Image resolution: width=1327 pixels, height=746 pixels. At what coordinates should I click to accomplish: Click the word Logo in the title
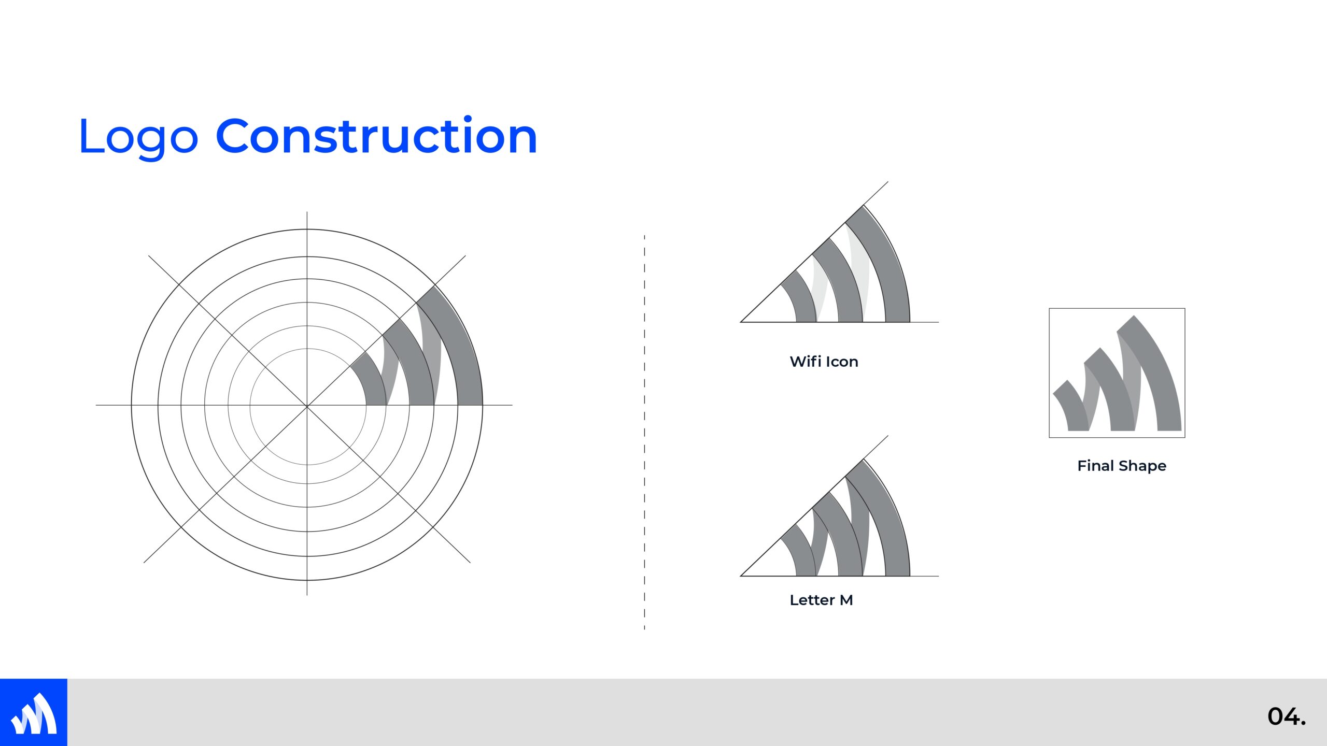click(x=138, y=137)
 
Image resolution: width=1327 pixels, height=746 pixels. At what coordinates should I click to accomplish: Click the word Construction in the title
click(x=376, y=135)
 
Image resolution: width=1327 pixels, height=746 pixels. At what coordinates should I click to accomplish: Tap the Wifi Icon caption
click(x=824, y=362)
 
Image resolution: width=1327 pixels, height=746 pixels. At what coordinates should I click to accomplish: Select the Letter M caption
click(x=821, y=600)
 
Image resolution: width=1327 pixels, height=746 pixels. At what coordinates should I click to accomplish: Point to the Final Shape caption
click(x=1122, y=466)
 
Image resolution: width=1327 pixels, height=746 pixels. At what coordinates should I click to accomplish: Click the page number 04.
click(x=1287, y=716)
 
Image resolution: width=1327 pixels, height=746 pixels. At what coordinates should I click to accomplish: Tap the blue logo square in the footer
click(x=34, y=712)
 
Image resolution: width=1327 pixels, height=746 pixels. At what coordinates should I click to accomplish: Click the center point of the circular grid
click(x=307, y=405)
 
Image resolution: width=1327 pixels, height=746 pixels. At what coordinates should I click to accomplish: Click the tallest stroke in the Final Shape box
click(x=1159, y=373)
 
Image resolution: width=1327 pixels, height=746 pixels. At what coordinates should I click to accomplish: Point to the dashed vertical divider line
click(x=644, y=432)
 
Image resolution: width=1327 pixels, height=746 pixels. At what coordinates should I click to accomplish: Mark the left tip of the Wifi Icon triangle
click(x=741, y=322)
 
